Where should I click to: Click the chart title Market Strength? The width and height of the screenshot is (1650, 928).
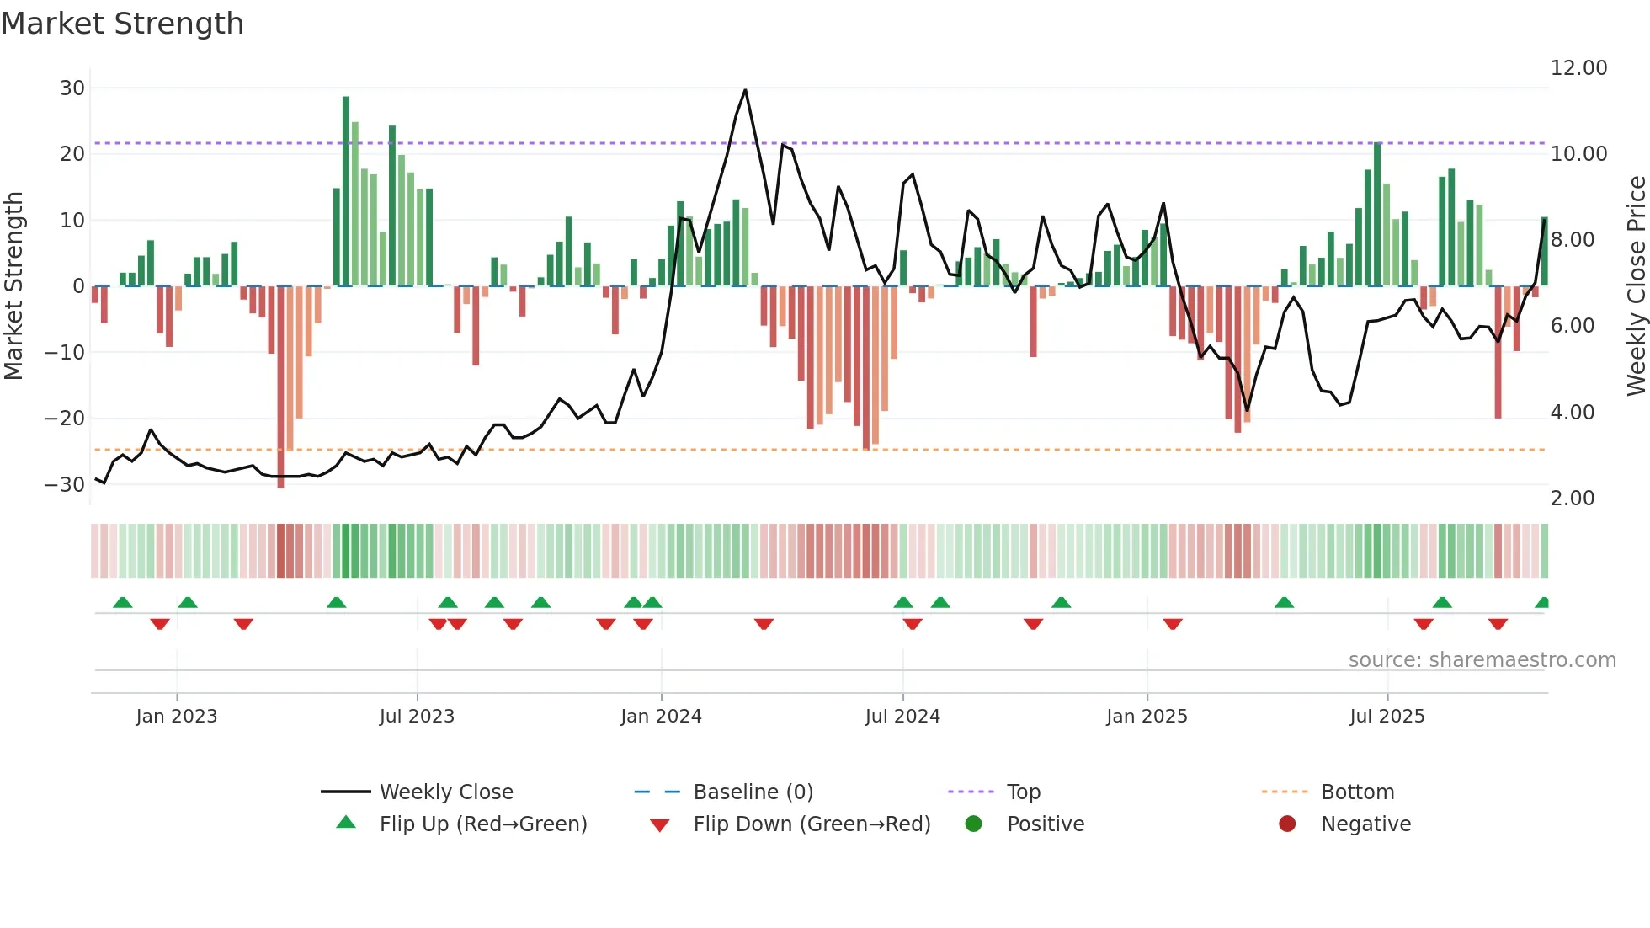coord(123,24)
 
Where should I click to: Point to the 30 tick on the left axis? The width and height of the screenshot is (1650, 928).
coord(72,88)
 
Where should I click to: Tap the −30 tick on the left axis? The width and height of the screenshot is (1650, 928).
coord(66,485)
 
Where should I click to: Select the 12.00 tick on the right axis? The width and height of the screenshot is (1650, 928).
coord(1578,68)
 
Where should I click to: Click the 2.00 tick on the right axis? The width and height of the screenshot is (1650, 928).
coord(1572,499)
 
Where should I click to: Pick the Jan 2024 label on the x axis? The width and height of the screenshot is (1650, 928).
coord(661,717)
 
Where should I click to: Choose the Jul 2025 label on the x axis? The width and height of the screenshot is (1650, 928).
coord(1387,717)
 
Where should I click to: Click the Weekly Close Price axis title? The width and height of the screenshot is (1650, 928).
coord(1636,286)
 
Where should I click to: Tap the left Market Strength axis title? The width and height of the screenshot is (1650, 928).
coord(14,286)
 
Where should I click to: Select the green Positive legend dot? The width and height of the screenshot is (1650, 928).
coord(974,824)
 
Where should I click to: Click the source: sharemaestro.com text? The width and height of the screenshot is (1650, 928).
coord(1482,660)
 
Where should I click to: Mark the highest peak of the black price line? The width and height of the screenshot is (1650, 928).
coord(745,91)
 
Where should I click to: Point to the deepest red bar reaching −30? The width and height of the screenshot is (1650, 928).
coord(281,387)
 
